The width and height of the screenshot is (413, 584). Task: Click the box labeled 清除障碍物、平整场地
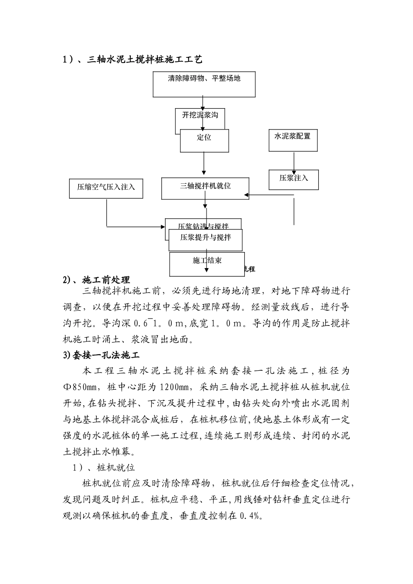point(204,84)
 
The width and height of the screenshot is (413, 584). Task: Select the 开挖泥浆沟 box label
point(200,115)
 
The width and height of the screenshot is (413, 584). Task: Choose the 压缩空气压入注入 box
point(106,187)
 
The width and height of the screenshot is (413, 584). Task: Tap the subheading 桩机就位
point(116,468)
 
